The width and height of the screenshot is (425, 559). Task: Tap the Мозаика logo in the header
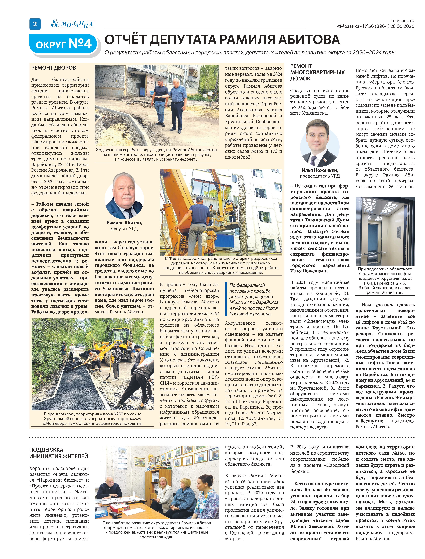point(73,24)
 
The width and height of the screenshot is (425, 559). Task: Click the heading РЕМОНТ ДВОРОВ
point(54,68)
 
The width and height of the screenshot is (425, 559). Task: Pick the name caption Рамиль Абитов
point(124,223)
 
